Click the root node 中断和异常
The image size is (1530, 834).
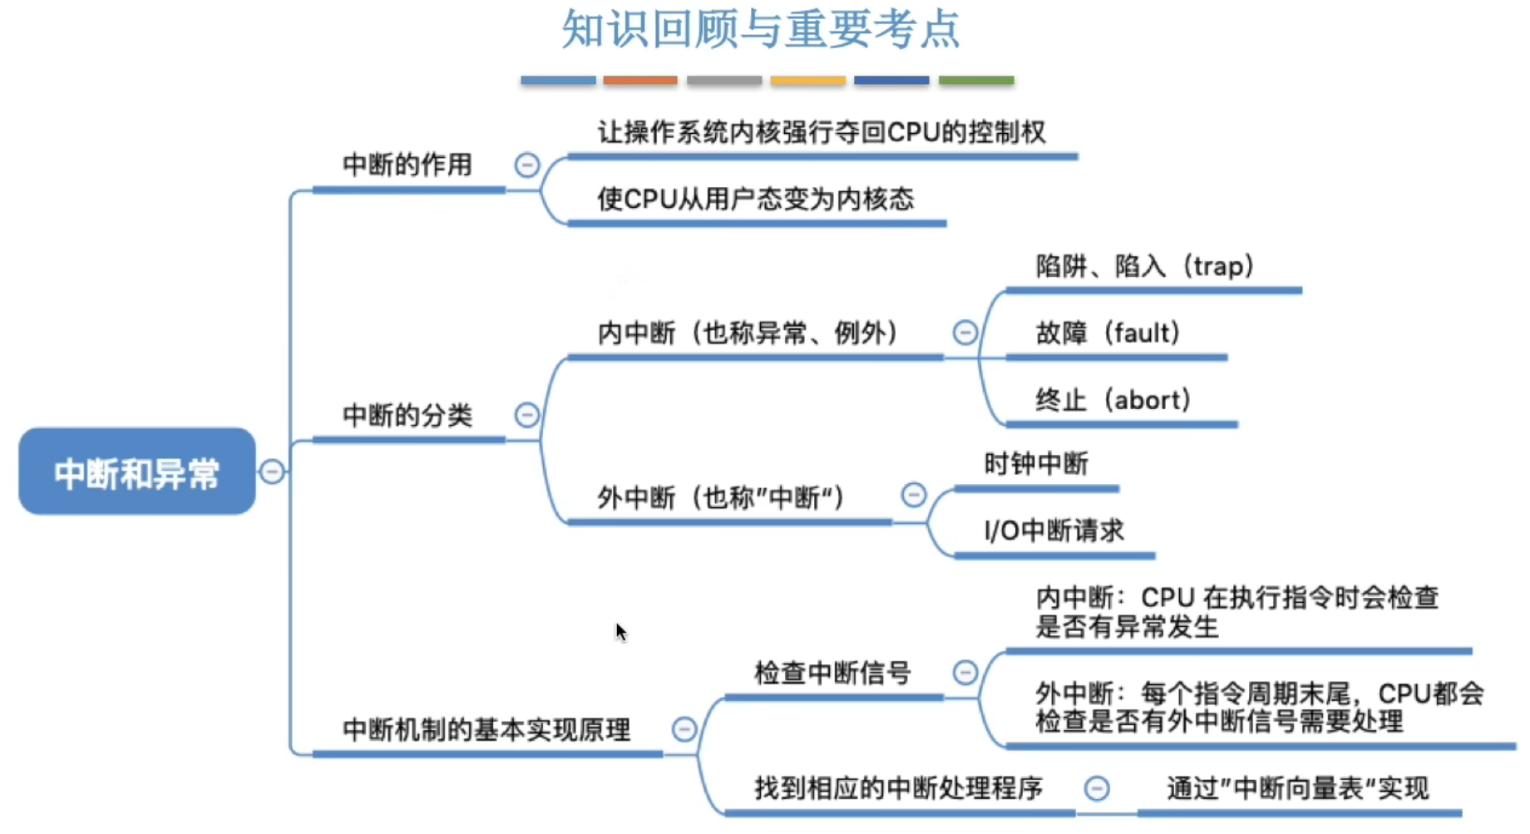[x=137, y=471]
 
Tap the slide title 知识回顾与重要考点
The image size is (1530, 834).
[x=761, y=29]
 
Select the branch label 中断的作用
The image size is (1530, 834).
[x=407, y=165]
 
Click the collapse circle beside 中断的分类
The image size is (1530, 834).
[x=527, y=415]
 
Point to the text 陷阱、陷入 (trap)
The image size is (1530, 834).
[x=1144, y=266]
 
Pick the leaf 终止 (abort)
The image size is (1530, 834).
[x=1113, y=400]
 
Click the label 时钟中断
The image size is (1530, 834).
[x=1036, y=464]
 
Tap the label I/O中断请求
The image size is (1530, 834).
[x=1054, y=531]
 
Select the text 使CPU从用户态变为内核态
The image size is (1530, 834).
[x=755, y=200]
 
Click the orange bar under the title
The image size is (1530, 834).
[x=640, y=81]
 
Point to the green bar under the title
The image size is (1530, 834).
[x=976, y=81]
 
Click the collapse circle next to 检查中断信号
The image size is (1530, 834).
[x=965, y=672]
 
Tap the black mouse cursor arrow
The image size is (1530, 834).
[x=620, y=631]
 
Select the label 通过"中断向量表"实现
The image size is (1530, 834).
[x=1297, y=788]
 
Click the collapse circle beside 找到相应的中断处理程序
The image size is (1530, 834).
[x=1098, y=788]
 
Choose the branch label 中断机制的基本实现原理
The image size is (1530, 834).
[x=486, y=730]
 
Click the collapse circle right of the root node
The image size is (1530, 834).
[x=272, y=471]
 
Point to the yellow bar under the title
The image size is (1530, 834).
[x=807, y=81]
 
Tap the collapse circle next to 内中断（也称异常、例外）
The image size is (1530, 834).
[x=965, y=333]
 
